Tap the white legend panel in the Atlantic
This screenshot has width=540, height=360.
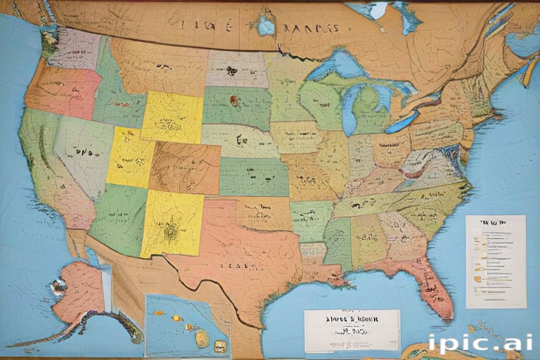[495, 261]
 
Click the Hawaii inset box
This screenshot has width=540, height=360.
[187, 326]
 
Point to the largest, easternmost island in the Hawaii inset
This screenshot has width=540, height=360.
[221, 345]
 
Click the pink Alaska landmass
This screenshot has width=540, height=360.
[79, 288]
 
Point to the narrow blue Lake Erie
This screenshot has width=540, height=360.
[401, 122]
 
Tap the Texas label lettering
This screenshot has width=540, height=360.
[236, 266]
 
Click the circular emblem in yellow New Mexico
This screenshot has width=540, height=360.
[169, 229]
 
